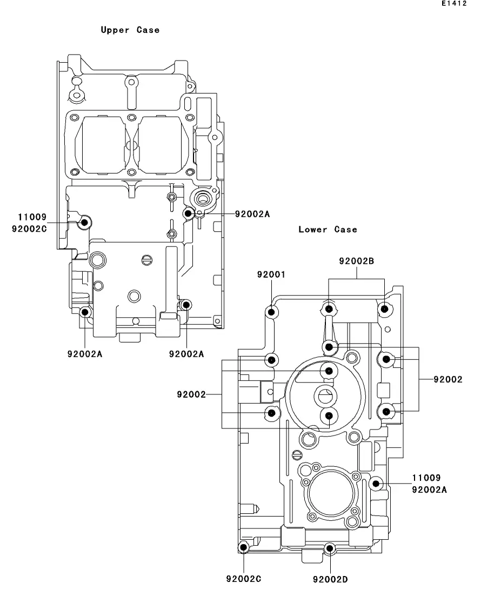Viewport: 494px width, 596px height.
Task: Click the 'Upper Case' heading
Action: point(130,30)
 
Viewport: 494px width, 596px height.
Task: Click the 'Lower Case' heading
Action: point(328,229)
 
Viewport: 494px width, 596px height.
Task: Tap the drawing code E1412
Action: point(454,3)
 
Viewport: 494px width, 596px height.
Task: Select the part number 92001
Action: point(271,274)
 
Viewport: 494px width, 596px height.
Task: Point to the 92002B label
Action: point(357,261)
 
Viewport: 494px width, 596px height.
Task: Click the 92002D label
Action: point(330,579)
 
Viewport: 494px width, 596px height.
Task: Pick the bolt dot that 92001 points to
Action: point(271,312)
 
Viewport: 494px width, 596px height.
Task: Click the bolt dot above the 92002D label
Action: point(330,548)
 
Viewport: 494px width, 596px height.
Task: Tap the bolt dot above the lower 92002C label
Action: point(243,547)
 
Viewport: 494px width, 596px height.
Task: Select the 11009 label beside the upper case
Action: point(32,217)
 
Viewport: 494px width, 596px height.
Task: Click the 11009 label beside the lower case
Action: point(426,478)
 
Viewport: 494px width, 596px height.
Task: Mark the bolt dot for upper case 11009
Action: point(85,222)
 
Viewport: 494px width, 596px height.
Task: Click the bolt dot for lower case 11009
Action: point(376,484)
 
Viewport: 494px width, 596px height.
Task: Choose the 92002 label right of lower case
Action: point(448,379)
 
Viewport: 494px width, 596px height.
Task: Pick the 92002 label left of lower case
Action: point(191,394)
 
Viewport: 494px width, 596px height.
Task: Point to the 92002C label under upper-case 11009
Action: point(29,229)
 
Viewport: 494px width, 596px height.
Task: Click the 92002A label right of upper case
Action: point(252,214)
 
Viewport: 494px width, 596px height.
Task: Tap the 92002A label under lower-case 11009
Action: point(429,490)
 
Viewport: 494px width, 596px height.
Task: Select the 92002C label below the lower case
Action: point(244,579)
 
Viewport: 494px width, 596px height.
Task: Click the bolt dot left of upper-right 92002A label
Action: point(188,213)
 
